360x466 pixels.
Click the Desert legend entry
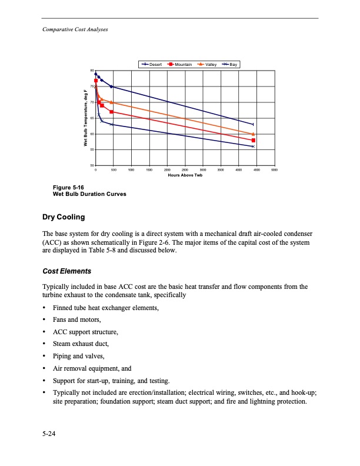[x=154, y=64]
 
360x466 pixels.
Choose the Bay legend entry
[x=230, y=64]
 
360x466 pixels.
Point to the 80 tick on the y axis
[x=92, y=71]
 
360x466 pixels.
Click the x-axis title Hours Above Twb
[x=185, y=175]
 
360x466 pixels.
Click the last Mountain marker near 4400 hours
[x=253, y=140]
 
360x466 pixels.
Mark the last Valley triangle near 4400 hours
[x=253, y=134]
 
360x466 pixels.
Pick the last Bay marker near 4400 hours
[x=253, y=147]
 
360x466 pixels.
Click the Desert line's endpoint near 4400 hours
[x=253, y=124]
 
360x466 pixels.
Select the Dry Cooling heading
[x=63, y=217]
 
